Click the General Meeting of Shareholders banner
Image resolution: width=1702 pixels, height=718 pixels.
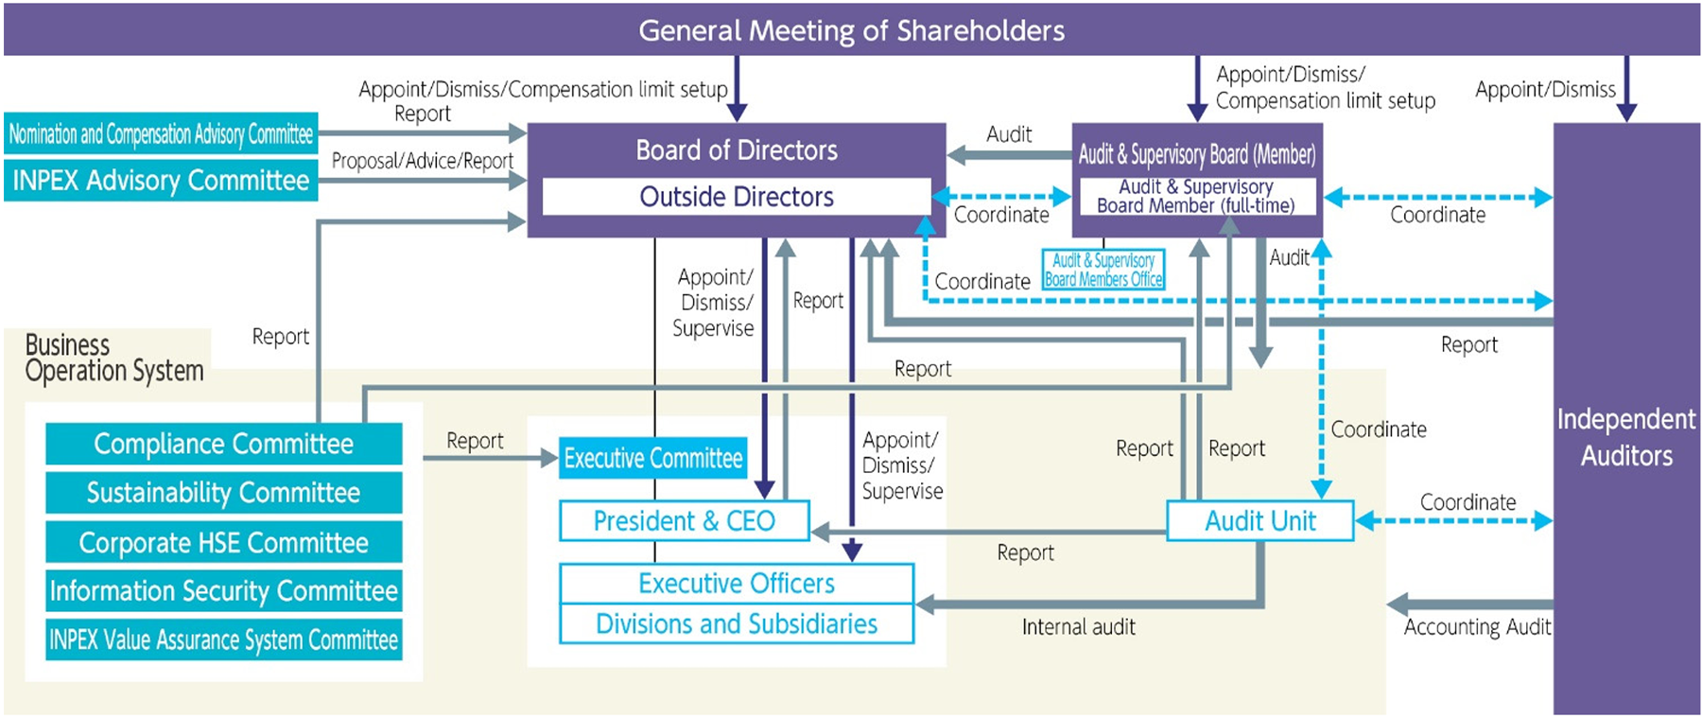[x=851, y=29]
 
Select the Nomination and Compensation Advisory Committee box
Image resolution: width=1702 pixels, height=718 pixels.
[x=161, y=133]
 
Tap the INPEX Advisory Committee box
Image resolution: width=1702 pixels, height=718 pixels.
[x=161, y=180]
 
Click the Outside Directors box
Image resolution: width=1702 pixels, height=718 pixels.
[x=737, y=197]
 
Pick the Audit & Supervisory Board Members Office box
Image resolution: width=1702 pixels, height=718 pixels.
[x=1103, y=270]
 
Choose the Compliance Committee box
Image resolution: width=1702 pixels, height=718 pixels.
[x=224, y=444]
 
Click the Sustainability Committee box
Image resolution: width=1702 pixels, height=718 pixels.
[x=224, y=493]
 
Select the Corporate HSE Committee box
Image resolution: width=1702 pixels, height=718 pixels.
[x=224, y=542]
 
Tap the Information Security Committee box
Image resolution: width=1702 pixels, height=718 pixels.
[x=224, y=590]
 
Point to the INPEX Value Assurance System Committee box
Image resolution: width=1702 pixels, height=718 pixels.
[x=224, y=639]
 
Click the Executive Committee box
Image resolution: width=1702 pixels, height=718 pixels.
[x=653, y=458]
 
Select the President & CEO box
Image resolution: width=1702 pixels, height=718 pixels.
[x=685, y=520]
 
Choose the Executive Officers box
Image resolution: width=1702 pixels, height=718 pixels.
[x=737, y=584]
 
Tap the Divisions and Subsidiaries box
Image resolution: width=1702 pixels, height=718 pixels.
[x=737, y=623]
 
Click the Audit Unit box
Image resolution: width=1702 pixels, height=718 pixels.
[x=1260, y=520]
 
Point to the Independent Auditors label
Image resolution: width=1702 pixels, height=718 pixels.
[x=1626, y=437]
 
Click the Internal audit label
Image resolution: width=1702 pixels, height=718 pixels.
[x=1079, y=626]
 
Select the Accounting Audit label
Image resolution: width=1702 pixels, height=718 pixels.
[x=1477, y=626]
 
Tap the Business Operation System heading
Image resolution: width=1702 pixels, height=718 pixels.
[x=113, y=358]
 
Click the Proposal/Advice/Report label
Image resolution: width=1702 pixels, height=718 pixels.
[x=423, y=161]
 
